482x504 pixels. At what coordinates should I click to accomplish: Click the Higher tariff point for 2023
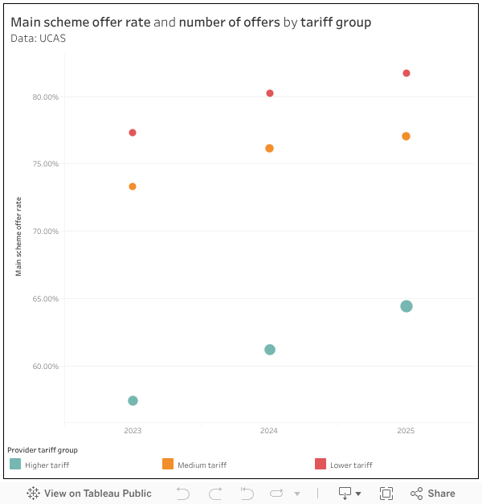(x=133, y=401)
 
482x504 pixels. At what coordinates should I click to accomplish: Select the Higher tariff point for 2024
(x=270, y=350)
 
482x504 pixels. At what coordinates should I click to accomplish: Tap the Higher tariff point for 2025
(x=406, y=306)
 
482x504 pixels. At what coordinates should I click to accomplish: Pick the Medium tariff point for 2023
(x=133, y=186)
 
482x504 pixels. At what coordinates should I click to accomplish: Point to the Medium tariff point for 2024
(x=270, y=149)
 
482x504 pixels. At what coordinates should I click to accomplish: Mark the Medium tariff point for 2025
(x=406, y=137)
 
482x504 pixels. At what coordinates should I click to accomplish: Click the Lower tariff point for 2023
(x=133, y=133)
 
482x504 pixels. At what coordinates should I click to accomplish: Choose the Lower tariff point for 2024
(x=270, y=93)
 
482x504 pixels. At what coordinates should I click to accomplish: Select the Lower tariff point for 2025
(x=406, y=73)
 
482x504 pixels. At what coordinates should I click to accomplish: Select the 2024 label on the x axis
(x=269, y=432)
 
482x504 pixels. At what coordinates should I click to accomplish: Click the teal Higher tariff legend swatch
(x=15, y=464)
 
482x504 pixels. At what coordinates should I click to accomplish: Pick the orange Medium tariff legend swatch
(x=168, y=464)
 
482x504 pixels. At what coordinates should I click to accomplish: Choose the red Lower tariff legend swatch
(x=321, y=464)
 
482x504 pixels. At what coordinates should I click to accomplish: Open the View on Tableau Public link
(x=89, y=494)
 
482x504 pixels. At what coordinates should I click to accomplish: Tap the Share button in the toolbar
(x=433, y=494)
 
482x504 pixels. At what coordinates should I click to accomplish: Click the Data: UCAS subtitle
(x=39, y=38)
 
